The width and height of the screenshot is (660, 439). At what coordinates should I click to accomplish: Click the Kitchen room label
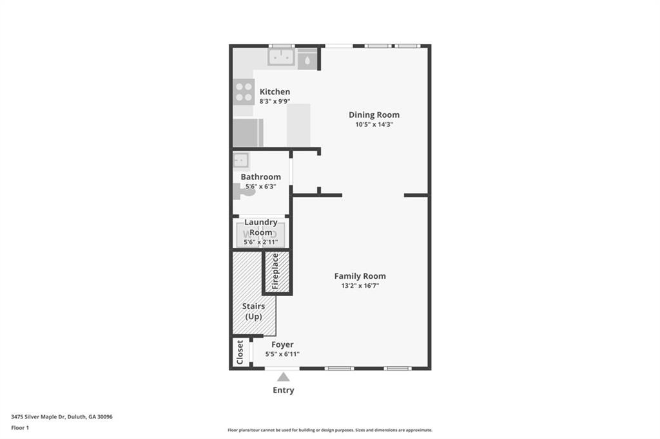pyautogui.click(x=275, y=91)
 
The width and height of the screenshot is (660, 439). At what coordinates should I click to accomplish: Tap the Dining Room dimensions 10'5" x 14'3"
pyautogui.click(x=374, y=124)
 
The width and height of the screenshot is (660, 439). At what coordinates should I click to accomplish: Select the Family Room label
pyautogui.click(x=360, y=276)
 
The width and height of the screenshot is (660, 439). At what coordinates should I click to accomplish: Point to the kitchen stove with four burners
pyautogui.click(x=244, y=91)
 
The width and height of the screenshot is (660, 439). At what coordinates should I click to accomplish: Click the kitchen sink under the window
pyautogui.click(x=281, y=57)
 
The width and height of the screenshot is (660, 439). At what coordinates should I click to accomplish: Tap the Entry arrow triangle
pyautogui.click(x=284, y=377)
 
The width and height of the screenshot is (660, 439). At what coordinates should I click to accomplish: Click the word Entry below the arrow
pyautogui.click(x=284, y=390)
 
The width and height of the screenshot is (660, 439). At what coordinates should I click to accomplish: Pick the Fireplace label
pyautogui.click(x=275, y=271)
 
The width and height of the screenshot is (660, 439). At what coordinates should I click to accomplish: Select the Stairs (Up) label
pyautogui.click(x=253, y=311)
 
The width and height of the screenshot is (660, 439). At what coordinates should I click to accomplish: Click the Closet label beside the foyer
pyautogui.click(x=240, y=352)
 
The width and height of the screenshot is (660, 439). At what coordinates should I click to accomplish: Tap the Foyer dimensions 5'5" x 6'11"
pyautogui.click(x=282, y=354)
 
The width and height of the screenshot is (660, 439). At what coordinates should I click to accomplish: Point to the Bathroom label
pyautogui.click(x=261, y=176)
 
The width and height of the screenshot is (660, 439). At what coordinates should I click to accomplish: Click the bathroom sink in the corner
pyautogui.click(x=241, y=160)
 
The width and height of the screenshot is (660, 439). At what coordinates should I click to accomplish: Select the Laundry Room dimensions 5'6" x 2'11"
pyautogui.click(x=260, y=242)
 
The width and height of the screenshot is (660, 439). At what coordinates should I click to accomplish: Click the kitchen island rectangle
pyautogui.click(x=299, y=126)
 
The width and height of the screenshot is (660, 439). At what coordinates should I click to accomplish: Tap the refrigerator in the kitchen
pyautogui.click(x=248, y=133)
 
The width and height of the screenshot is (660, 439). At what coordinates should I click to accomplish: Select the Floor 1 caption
pyautogui.click(x=20, y=428)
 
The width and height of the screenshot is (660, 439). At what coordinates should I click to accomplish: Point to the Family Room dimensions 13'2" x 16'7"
pyautogui.click(x=360, y=286)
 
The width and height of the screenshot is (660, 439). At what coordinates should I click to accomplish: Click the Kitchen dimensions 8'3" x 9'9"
pyautogui.click(x=275, y=101)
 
